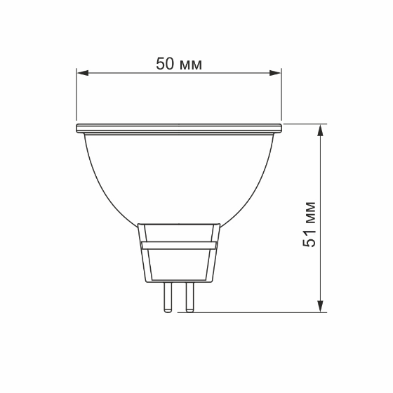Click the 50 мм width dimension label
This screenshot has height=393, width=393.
tap(179, 64)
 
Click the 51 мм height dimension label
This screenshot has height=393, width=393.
tap(309, 224)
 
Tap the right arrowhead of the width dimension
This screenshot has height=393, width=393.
tap(276, 72)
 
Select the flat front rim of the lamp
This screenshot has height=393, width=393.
tap(179, 128)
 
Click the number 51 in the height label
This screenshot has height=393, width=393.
tap(309, 237)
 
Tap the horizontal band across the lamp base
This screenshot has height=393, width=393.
tap(179, 245)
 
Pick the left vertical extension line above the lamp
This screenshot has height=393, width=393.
tap(76, 95)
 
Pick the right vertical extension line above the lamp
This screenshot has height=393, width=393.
tap(281, 95)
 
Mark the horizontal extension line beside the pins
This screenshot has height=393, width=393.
tap(260, 311)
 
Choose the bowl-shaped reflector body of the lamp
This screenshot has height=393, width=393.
tap(179, 175)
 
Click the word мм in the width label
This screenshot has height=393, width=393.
tap(191, 65)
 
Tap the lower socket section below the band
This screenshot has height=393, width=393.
tap(179, 265)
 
